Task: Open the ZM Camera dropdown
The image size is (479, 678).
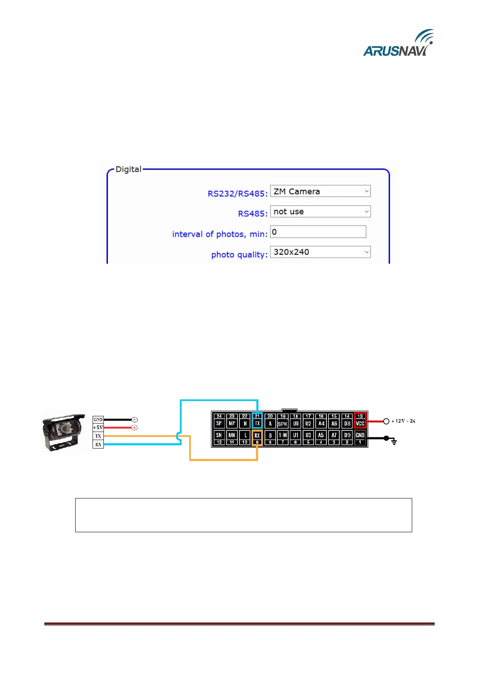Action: point(320,191)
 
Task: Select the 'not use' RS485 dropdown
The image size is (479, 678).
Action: point(320,212)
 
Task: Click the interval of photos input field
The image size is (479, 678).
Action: point(318,232)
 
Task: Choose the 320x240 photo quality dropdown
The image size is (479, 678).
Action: point(320,252)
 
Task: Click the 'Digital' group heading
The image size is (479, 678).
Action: point(128,169)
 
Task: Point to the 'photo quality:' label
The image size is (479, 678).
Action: point(239,255)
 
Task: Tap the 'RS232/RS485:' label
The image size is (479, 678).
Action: point(237,194)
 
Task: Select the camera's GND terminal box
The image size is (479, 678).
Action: point(98,420)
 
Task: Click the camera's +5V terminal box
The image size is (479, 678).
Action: point(98,428)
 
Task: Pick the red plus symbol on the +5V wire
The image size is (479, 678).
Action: point(135,428)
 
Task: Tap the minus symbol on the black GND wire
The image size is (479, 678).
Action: point(135,420)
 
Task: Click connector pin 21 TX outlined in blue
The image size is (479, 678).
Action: point(257,420)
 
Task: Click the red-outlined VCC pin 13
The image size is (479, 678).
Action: point(360,420)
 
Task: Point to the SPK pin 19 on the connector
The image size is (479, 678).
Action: point(283,421)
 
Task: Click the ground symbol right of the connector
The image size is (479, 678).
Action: point(394,442)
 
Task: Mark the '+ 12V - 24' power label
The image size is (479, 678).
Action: point(403,421)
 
